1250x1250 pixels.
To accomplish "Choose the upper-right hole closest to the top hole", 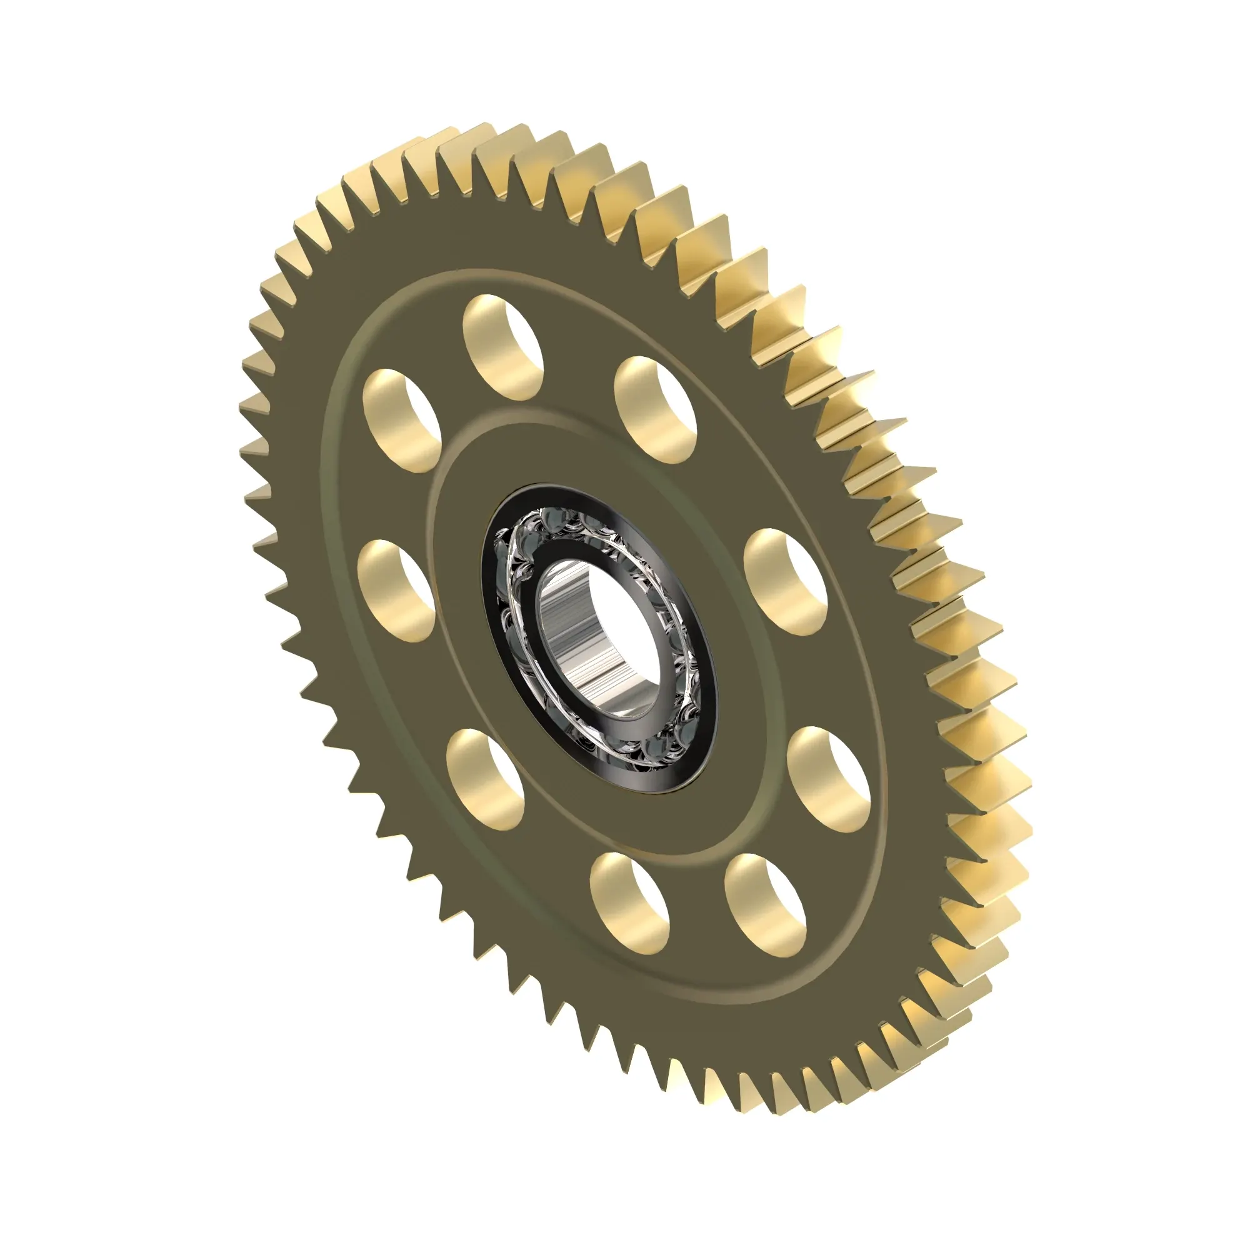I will pos(656,409).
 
